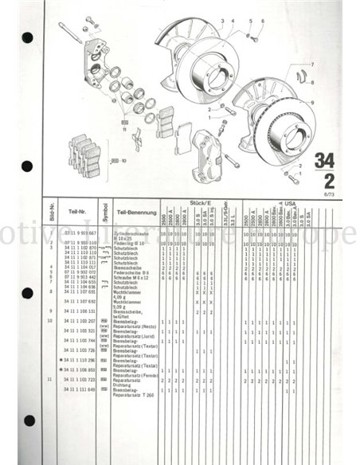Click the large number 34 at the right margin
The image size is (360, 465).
point(324,159)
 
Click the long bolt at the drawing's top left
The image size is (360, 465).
point(69,33)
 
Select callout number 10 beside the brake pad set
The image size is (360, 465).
point(124,161)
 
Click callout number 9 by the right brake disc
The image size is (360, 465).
point(313,101)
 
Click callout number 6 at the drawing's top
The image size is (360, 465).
point(261,21)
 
